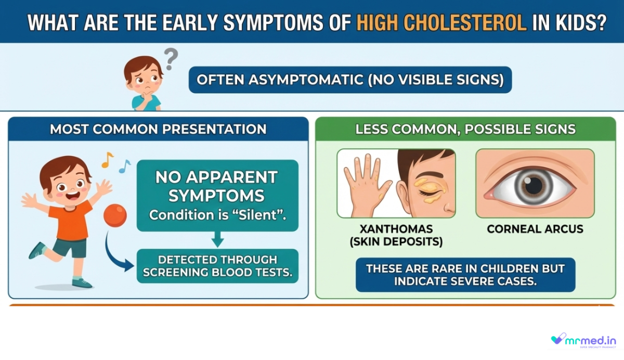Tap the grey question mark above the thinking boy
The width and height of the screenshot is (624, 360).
tap(171, 58)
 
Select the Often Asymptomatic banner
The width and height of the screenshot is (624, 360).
tap(350, 80)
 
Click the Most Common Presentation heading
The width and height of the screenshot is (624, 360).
tap(158, 130)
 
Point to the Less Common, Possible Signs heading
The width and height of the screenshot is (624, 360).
tap(465, 130)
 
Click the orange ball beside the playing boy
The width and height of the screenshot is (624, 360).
tap(115, 215)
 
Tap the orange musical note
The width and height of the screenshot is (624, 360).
tap(107, 160)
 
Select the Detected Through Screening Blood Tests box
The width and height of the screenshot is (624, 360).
tap(217, 266)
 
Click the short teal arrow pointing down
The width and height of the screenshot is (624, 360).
tap(217, 239)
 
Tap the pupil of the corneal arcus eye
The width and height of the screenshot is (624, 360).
tap(534, 185)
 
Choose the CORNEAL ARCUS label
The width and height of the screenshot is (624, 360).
tap(535, 229)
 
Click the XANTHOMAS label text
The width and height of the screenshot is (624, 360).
tap(396, 229)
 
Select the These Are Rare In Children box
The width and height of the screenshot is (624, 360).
tap(465, 275)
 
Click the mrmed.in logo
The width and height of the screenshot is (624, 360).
tap(583, 341)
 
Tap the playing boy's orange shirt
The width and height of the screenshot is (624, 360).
tap(70, 221)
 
